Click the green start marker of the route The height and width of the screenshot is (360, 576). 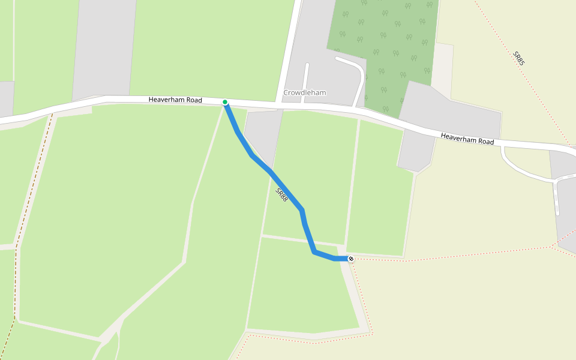coord(225,102)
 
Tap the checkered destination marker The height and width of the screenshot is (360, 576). coord(351,259)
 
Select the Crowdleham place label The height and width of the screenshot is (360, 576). coord(304,93)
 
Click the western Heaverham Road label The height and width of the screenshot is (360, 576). coord(175,100)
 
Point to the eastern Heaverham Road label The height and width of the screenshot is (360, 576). coord(467,139)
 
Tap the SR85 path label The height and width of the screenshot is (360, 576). coord(519,58)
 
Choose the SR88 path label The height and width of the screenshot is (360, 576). coord(281,194)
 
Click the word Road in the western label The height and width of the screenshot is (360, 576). coord(193,100)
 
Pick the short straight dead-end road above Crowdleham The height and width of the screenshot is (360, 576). coord(305,78)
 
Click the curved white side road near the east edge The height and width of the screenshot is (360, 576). coord(522,171)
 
